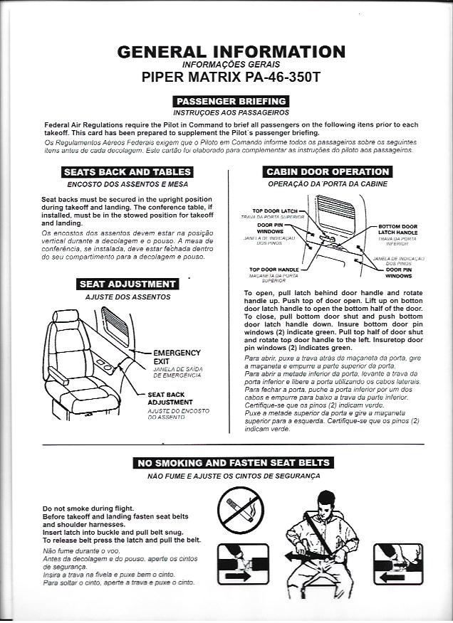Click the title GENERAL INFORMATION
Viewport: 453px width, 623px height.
click(231, 51)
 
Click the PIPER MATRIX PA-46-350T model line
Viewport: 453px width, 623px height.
click(231, 77)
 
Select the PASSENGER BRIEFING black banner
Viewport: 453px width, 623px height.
click(231, 101)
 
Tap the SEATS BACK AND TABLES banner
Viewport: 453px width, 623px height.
click(127, 171)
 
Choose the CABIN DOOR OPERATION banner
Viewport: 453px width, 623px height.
click(328, 171)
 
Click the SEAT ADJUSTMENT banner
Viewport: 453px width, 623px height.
click(127, 284)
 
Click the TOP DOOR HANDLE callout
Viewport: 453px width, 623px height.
click(274, 270)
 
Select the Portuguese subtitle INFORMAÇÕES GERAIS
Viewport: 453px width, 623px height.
click(231, 64)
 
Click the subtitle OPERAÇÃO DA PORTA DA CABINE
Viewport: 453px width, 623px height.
click(328, 184)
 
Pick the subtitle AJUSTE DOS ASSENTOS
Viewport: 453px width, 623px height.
click(127, 297)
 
